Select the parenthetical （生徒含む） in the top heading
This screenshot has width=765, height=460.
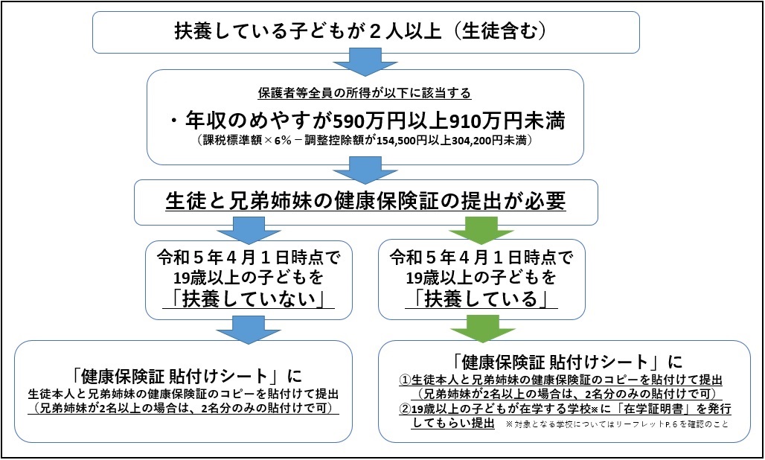(x=498, y=31)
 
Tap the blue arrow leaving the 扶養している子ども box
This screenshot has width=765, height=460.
(x=365, y=62)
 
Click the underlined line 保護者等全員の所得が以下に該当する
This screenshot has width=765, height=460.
(x=365, y=93)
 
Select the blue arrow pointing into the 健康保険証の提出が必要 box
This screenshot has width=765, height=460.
(x=365, y=170)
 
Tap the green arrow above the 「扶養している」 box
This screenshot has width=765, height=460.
(x=481, y=231)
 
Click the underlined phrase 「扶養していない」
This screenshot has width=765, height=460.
(x=249, y=299)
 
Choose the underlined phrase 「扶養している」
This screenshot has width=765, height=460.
(x=481, y=299)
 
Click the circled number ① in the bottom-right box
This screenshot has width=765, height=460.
(x=406, y=380)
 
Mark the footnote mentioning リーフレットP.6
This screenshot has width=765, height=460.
(x=617, y=424)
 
